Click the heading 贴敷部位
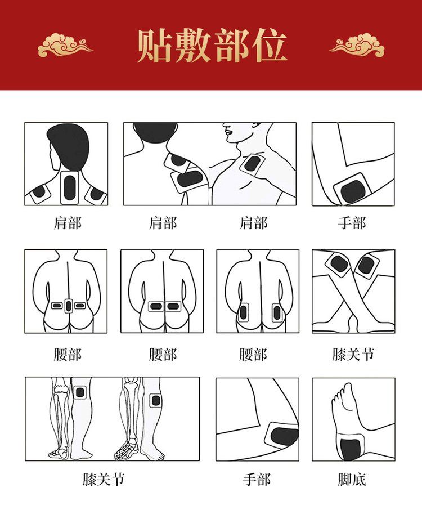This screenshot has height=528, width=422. [212, 46]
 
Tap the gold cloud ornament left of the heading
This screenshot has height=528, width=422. [65, 44]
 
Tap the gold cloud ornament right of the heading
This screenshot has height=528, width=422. [357, 44]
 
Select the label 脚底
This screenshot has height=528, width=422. [352, 480]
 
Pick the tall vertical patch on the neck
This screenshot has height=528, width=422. [70, 187]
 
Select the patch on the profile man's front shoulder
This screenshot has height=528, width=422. [252, 164]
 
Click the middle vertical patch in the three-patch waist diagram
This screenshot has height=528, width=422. [69, 306]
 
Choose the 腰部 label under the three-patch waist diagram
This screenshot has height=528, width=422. [68, 354]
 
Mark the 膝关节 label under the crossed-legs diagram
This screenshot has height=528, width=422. [353, 354]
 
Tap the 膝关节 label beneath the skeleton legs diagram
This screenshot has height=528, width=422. [104, 480]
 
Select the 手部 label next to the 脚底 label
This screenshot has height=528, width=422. [257, 480]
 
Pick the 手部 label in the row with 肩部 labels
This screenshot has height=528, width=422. [352, 223]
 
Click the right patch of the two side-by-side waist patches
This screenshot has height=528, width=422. [173, 306]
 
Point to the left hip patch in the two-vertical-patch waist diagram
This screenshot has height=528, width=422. [243, 313]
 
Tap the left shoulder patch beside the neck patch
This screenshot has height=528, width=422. [39, 193]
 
